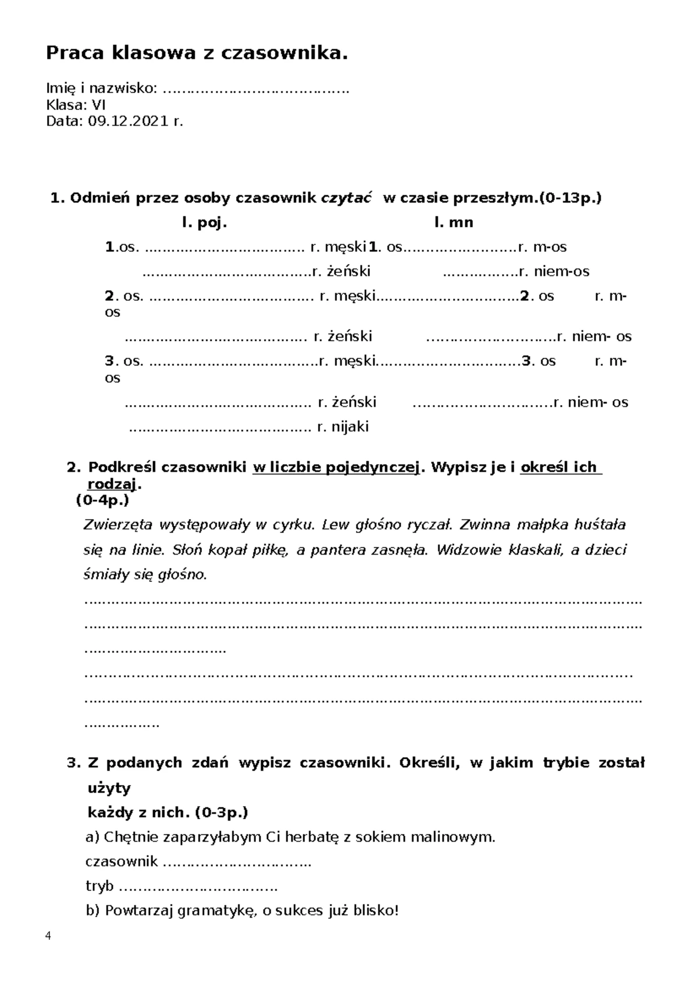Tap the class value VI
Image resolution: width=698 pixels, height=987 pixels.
click(x=98, y=105)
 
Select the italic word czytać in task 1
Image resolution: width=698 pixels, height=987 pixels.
click(x=347, y=198)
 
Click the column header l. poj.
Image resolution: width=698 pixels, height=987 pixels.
click(x=204, y=222)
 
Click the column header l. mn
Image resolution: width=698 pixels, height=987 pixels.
click(x=453, y=222)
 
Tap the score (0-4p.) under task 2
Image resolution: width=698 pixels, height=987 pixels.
click(x=102, y=500)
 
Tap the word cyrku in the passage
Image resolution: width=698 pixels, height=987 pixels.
click(x=297, y=525)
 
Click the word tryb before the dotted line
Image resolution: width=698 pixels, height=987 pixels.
click(x=99, y=886)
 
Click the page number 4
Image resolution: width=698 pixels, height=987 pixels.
click(x=48, y=936)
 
